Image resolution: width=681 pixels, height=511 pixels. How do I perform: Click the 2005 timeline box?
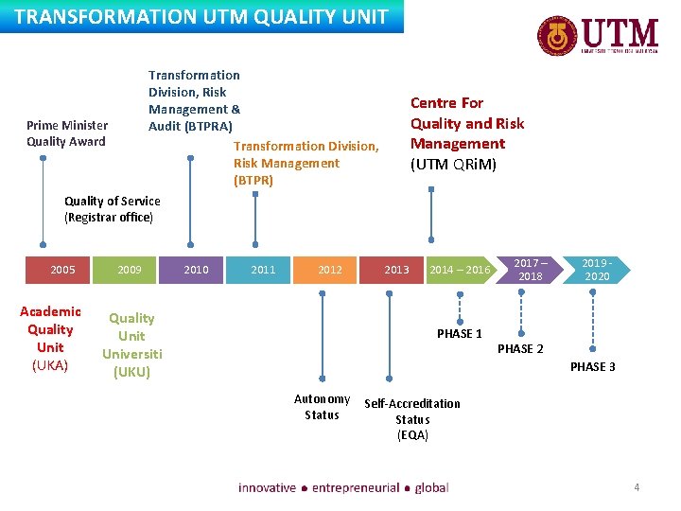click(x=63, y=270)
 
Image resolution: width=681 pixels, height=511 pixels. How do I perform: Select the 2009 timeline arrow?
click(x=130, y=270)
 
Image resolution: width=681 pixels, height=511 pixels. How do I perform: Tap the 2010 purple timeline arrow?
click(x=196, y=270)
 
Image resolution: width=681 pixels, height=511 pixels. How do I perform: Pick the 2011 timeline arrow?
click(x=263, y=270)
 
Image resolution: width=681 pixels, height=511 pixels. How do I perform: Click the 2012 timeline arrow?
click(x=330, y=270)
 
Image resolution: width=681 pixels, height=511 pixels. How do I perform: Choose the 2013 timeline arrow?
click(x=396, y=270)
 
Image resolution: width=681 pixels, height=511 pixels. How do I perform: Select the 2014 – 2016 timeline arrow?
click(x=461, y=270)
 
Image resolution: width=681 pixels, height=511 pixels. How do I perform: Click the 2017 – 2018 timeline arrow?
click(x=530, y=270)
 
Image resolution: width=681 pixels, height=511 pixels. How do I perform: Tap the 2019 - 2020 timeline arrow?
click(x=596, y=270)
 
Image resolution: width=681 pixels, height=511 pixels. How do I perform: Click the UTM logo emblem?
click(x=557, y=37)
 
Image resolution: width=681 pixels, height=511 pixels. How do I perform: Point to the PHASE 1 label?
click(x=460, y=333)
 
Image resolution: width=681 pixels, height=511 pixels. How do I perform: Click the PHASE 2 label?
click(x=520, y=349)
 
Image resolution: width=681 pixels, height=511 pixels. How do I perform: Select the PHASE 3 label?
click(x=592, y=366)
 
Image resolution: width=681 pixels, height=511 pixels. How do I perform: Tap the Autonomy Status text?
click(x=322, y=407)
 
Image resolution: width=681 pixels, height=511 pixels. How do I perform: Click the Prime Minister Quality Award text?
click(x=66, y=133)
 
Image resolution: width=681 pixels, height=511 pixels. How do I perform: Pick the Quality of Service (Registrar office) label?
click(x=112, y=209)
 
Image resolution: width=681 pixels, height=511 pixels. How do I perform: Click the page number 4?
click(x=637, y=487)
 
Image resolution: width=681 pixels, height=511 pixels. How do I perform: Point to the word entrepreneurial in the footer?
click(x=356, y=487)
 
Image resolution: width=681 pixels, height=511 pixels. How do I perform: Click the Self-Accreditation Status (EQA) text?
click(x=412, y=419)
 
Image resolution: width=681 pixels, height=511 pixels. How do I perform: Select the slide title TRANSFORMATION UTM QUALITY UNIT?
click(x=201, y=17)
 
